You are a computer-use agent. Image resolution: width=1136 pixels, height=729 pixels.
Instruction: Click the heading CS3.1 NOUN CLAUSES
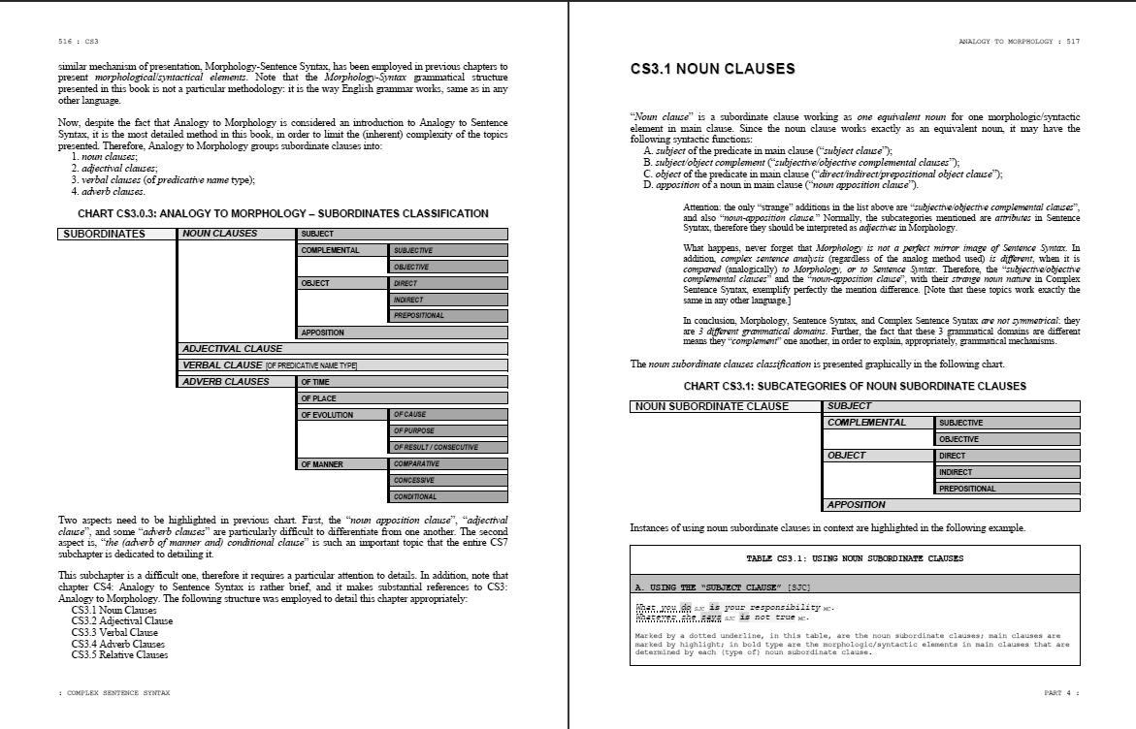click(x=712, y=69)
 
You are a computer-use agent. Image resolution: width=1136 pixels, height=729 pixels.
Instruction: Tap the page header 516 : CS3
click(x=79, y=42)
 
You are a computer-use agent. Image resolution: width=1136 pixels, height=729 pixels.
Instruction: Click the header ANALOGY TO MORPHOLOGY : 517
click(x=1019, y=42)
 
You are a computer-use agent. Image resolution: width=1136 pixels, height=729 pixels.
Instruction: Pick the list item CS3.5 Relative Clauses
click(x=119, y=654)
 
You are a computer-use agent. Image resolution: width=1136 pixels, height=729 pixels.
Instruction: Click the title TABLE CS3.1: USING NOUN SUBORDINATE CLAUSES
click(x=855, y=558)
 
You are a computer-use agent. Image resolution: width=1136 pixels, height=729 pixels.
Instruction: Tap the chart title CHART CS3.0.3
click(x=282, y=213)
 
